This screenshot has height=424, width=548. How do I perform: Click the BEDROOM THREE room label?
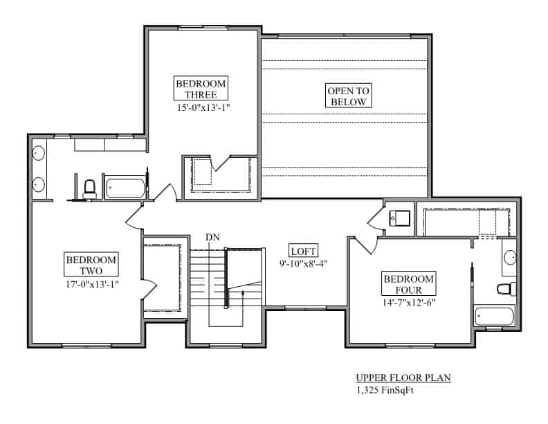[x=201, y=89]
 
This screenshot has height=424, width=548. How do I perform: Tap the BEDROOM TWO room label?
[x=91, y=265]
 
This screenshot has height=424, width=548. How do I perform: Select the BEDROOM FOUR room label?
[x=408, y=284]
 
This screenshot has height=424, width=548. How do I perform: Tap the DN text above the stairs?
[x=213, y=238]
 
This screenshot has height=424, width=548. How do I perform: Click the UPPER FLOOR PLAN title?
[x=403, y=378]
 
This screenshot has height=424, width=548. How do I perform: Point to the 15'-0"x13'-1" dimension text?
[x=201, y=107]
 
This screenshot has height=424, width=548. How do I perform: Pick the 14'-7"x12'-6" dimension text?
[x=408, y=303]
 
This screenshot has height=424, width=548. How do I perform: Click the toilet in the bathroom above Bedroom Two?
[x=89, y=188]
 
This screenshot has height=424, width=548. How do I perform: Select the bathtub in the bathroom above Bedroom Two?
[x=125, y=188]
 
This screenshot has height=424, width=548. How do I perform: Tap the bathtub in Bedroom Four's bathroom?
[x=494, y=317]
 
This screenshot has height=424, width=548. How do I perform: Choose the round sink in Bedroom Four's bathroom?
[x=509, y=258]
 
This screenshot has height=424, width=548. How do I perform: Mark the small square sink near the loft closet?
[x=399, y=218]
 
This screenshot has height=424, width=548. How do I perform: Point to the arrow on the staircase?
[x=242, y=294]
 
